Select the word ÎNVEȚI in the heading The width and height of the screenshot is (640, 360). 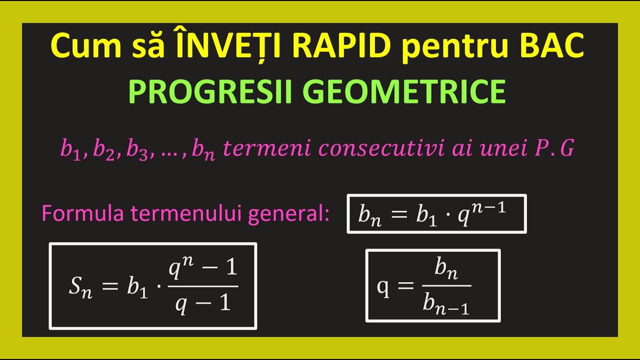coord(224,46)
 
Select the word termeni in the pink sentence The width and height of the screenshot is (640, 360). coord(256,148)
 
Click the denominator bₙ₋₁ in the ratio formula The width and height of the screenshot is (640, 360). coord(445,303)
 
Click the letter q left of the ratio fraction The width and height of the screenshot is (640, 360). coord(383,288)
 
